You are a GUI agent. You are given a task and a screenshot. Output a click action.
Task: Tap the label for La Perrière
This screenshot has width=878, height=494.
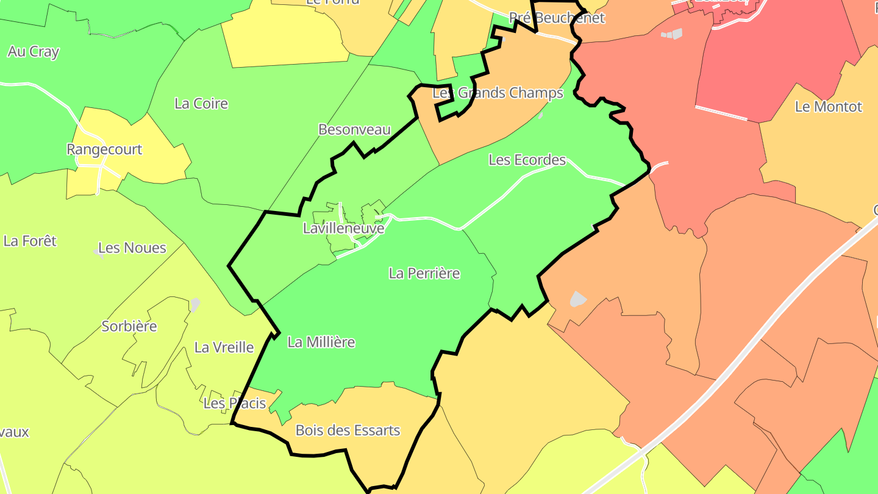click(x=424, y=273)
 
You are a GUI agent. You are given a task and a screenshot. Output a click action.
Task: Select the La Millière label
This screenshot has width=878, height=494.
click(x=321, y=342)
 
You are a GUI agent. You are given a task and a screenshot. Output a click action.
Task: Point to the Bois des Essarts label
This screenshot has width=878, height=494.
click(x=348, y=431)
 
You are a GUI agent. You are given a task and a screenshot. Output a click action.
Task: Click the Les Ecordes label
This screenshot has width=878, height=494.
click(x=527, y=160)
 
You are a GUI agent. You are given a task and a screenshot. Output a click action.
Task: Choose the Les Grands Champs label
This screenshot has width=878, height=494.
click(x=498, y=93)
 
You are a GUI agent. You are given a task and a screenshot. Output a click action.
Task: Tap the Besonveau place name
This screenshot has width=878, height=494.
click(x=354, y=129)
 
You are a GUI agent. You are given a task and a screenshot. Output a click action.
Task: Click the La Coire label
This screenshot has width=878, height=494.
click(x=201, y=104)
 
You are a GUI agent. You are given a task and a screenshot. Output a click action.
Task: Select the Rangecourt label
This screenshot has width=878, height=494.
click(x=104, y=149)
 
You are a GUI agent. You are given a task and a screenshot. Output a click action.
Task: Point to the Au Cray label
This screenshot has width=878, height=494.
click(x=34, y=52)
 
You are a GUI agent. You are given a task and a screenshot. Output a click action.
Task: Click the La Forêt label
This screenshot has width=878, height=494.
click(x=30, y=241)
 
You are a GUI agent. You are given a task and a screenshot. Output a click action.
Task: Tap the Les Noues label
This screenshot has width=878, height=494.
click(x=132, y=248)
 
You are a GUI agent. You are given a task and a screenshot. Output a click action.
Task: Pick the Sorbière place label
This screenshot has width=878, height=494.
click(x=129, y=326)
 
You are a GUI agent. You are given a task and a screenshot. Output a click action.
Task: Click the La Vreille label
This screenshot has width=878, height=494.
click(x=224, y=348)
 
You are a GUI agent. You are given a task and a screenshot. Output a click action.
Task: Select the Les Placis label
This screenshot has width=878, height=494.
click(x=235, y=403)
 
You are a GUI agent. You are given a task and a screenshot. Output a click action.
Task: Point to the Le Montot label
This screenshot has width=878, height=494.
click(x=829, y=107)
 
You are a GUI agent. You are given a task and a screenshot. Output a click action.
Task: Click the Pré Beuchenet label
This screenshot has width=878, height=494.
click(x=557, y=18)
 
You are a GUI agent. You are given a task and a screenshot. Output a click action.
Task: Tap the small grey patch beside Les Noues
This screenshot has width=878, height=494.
click(x=97, y=250)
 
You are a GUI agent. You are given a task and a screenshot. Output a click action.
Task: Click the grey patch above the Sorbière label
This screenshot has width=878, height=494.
click(x=195, y=303)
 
